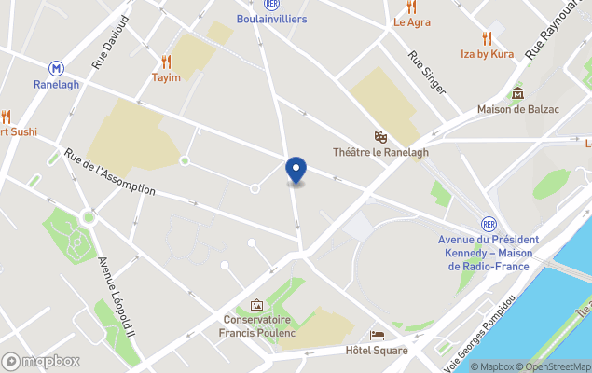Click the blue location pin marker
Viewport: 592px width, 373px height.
[296, 171]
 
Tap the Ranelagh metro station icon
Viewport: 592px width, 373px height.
[58, 68]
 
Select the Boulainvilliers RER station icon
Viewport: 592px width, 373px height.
[271, 5]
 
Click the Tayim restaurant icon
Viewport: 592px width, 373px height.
[166, 62]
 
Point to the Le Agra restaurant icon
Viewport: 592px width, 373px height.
[411, 7]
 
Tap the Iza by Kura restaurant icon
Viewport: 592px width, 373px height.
[487, 38]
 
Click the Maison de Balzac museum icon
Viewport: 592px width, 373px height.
[517, 93]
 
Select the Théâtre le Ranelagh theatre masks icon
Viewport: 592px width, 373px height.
[380, 136]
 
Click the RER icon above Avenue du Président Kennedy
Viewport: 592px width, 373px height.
[489, 224]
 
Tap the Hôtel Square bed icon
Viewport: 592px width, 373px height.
[377, 335]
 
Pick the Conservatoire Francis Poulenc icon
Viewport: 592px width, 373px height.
[256, 305]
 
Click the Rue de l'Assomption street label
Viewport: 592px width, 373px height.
[109, 172]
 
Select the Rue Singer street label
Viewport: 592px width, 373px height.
[428, 72]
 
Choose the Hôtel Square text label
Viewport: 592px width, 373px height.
[377, 351]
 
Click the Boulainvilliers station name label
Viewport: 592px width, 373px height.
[271, 19]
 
